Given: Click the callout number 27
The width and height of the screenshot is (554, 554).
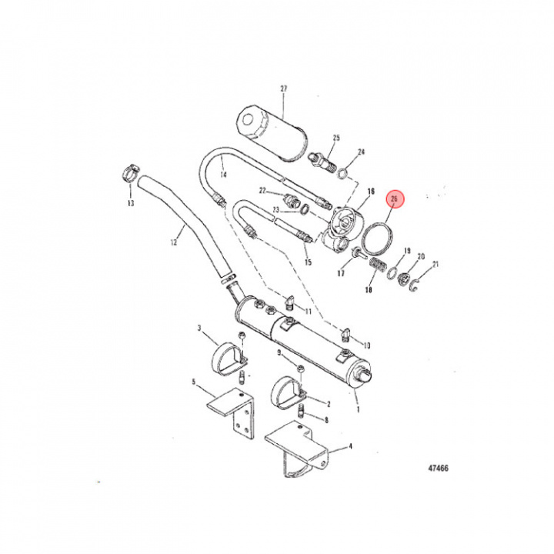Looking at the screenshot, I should point(282,89).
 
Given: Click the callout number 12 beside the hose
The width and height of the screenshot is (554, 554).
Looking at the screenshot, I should point(173,242).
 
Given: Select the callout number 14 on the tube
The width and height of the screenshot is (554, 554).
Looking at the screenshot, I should point(223,175).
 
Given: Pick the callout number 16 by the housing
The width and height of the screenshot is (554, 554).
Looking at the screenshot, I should point(370,192).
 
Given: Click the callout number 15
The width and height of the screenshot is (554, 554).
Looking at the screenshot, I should point(309,262).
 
